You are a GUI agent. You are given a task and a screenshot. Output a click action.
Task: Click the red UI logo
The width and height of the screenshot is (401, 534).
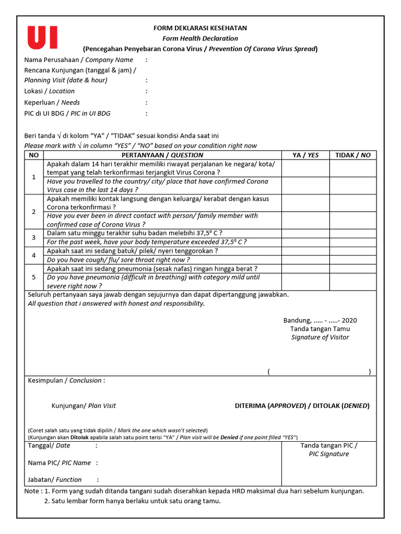click(x=42, y=38)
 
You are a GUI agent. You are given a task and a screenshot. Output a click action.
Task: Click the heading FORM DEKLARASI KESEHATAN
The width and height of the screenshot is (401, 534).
click(x=200, y=28)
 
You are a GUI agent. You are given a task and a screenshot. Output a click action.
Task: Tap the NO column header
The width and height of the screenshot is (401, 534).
click(x=34, y=155)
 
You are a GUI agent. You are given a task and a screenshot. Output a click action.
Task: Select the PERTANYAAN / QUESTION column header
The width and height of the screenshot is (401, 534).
click(x=162, y=155)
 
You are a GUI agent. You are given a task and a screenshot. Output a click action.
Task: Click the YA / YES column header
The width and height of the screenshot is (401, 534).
click(x=305, y=155)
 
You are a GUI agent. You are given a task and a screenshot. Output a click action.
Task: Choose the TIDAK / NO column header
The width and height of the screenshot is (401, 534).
click(x=352, y=155)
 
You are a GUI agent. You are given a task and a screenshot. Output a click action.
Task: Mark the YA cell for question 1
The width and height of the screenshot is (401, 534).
click(x=305, y=177)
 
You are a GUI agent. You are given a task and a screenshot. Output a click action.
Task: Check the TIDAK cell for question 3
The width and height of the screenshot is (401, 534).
click(x=352, y=237)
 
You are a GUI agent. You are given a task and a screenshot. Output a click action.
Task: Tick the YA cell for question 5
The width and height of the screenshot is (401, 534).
click(x=305, y=277)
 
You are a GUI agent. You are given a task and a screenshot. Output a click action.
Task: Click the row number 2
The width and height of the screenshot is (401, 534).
click(x=34, y=211)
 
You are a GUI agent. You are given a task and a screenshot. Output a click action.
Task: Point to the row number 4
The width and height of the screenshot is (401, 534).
click(x=34, y=256)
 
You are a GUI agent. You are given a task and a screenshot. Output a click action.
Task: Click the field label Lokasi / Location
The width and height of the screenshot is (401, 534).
click(x=50, y=91)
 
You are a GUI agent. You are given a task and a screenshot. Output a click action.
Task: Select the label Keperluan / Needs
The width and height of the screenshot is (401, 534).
click(x=52, y=103)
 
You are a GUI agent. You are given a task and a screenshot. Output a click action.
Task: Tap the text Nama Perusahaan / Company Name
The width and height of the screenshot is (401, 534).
click(x=79, y=60)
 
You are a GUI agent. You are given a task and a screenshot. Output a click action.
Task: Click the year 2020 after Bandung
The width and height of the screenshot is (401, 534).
click(x=349, y=321)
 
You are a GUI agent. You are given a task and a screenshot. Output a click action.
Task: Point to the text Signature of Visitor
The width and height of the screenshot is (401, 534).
click(x=320, y=337)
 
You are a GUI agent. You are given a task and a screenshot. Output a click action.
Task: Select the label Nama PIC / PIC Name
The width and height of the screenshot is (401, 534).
click(x=60, y=463)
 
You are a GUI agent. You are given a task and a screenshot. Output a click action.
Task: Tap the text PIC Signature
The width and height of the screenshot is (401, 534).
click(x=329, y=454)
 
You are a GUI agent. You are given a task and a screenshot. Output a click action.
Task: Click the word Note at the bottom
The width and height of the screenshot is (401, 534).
click(x=32, y=491)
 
